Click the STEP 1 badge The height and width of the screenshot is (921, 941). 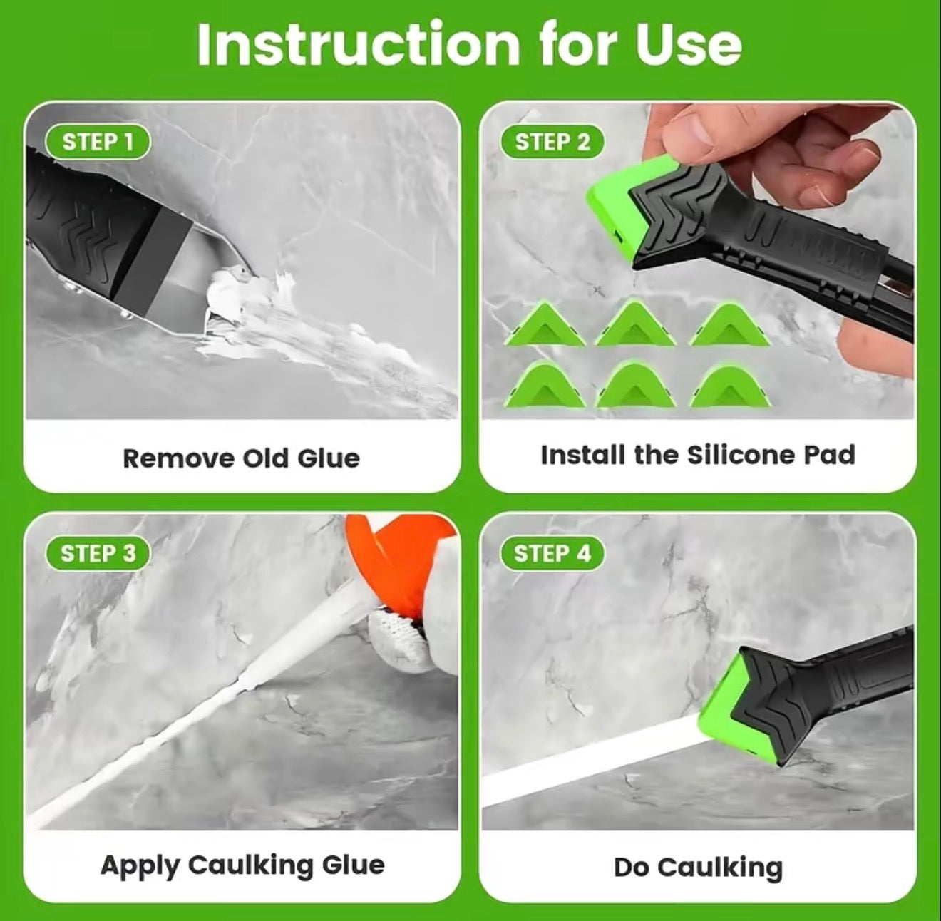coord(98,142)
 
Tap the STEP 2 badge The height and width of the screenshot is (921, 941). coord(552,142)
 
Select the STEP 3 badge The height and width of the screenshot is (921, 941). coord(98,554)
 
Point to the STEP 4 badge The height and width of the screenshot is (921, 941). coord(552,554)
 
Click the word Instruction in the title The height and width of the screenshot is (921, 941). coord(359,44)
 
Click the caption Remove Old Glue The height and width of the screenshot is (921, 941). coord(241,458)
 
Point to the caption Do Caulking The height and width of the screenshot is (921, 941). coord(698,868)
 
